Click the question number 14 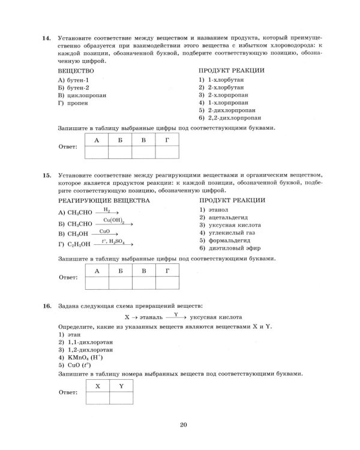[46, 38]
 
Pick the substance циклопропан [77, 95]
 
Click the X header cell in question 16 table [97, 386]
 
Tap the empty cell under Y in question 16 [120, 397]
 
